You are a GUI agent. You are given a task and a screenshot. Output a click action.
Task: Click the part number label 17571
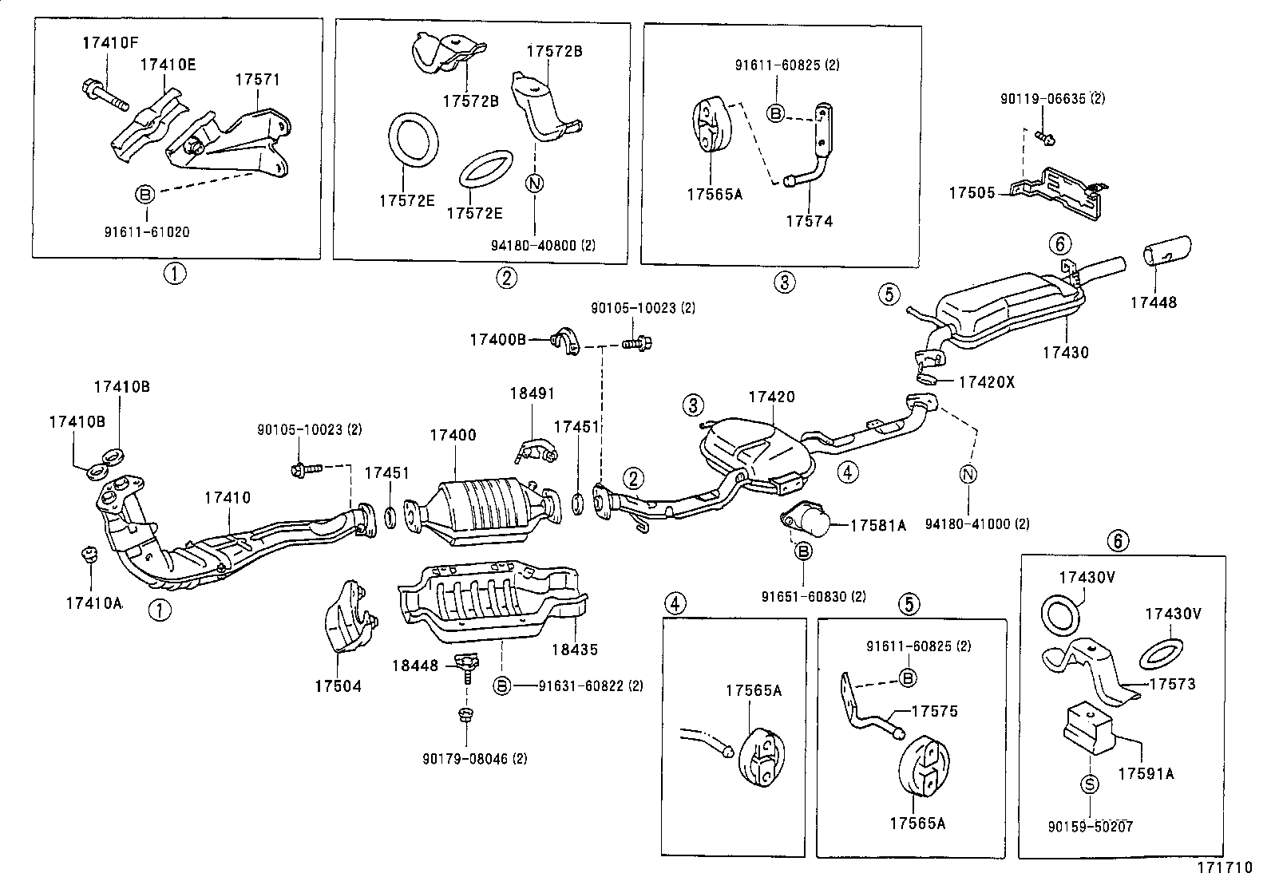click(257, 80)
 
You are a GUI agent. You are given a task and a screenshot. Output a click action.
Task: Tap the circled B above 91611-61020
click(145, 193)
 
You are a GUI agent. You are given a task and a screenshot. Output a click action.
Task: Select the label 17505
click(972, 193)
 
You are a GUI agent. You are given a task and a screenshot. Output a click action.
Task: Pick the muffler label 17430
click(1065, 352)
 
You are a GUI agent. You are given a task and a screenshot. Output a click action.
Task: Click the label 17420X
click(986, 381)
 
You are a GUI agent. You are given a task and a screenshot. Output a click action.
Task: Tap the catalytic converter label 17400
click(453, 435)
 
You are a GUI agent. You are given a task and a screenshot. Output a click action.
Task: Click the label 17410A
click(93, 602)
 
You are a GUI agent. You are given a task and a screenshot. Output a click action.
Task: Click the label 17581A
click(878, 525)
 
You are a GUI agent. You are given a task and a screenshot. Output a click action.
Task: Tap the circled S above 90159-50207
click(1091, 784)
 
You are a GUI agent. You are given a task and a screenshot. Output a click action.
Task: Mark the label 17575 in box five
click(934, 710)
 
